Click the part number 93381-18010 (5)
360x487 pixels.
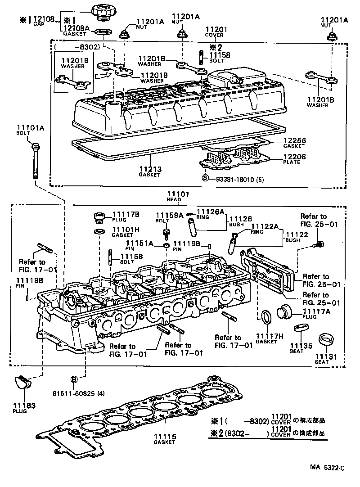(x=236, y=178)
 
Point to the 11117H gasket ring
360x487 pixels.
(x=266, y=317)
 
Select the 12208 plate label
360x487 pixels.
(x=294, y=159)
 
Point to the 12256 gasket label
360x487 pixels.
(x=294, y=144)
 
